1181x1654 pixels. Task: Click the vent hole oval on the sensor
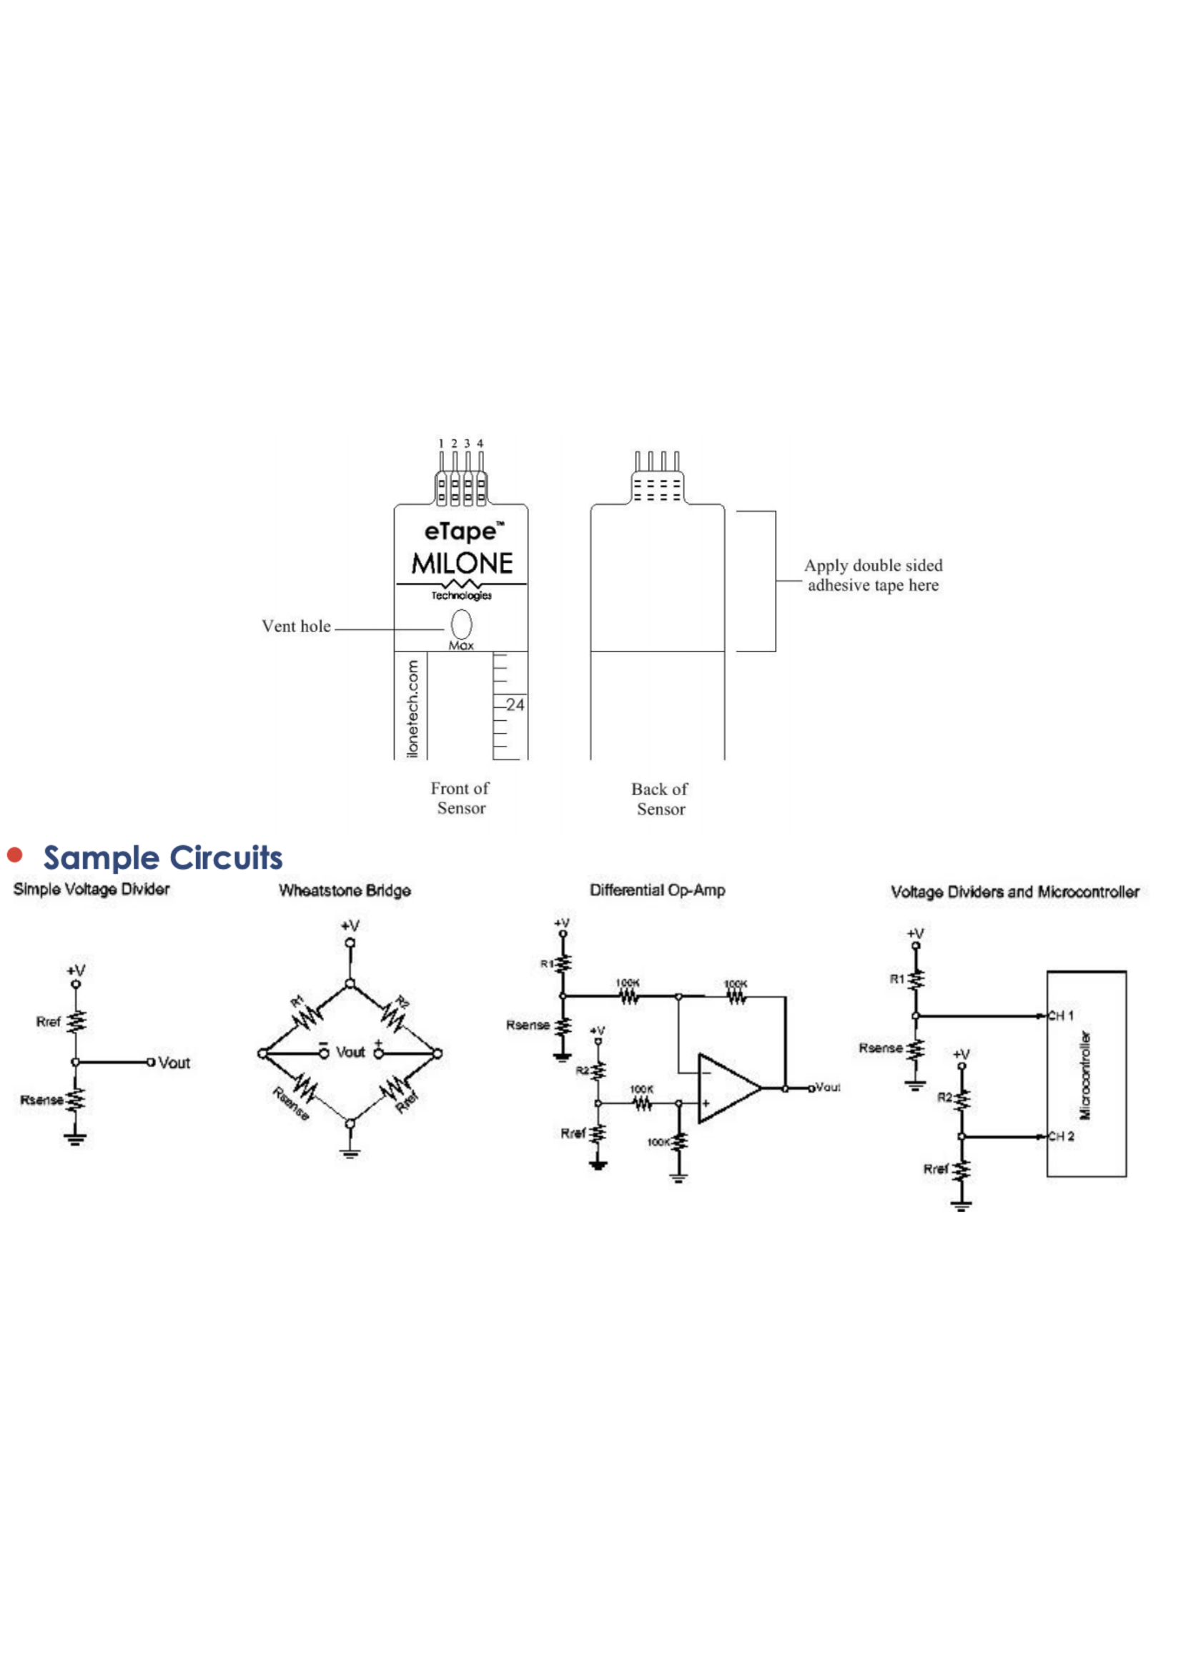coord(461,624)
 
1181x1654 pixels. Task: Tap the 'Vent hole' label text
coord(296,626)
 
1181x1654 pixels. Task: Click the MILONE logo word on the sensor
coord(462,563)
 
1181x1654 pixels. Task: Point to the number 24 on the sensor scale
coord(515,705)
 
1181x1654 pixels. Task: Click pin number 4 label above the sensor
coord(480,443)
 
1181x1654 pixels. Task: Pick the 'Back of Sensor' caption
coord(661,799)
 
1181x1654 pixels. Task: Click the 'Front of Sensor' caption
coord(460,798)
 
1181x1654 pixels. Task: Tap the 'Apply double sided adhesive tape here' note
coord(873,576)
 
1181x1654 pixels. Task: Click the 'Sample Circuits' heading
coord(163,857)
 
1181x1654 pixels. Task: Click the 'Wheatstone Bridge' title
coord(345,890)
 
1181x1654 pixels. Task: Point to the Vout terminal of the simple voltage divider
coord(152,1062)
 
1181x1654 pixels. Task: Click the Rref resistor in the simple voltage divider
coord(76,1021)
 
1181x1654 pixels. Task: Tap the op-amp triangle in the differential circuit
coord(727,1088)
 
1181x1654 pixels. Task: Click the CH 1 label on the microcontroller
coord(1060,1015)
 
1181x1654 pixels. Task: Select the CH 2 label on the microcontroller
coord(1060,1136)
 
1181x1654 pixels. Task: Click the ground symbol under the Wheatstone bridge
coord(350,1151)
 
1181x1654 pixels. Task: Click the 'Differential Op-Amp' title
coord(658,890)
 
